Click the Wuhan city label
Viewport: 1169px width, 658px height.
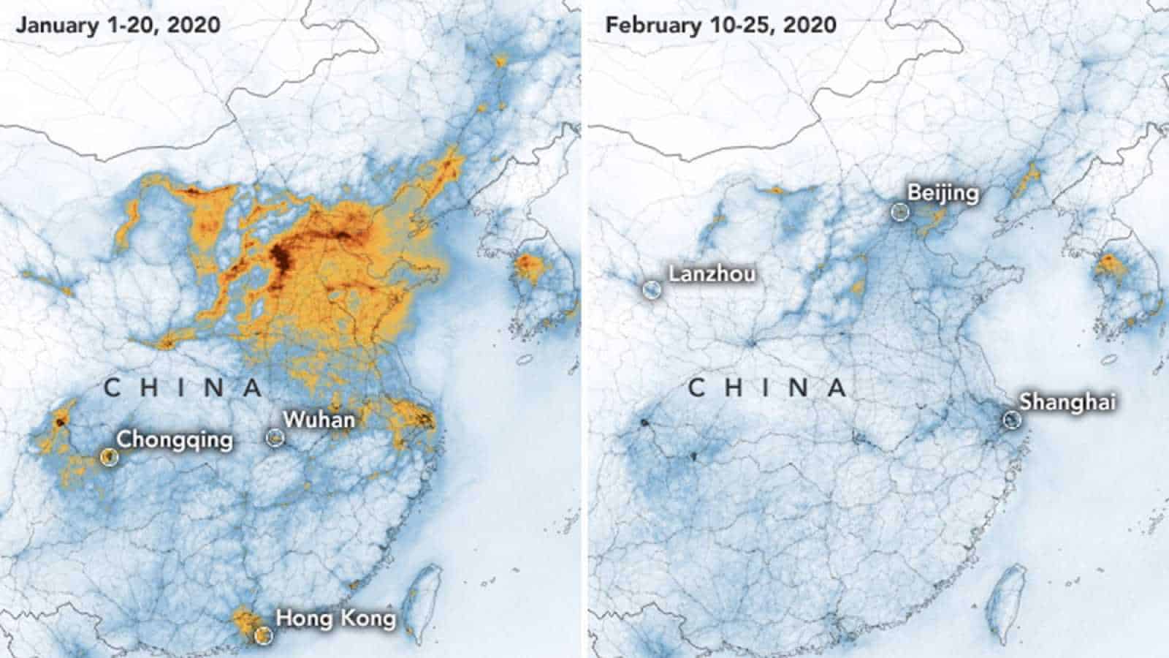pyautogui.click(x=319, y=420)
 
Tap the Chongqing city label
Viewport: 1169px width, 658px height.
pyautogui.click(x=175, y=439)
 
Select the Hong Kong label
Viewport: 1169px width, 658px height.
pyautogui.click(x=335, y=619)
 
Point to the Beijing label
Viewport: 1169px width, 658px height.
pyautogui.click(x=943, y=193)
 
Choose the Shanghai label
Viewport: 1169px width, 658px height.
pyautogui.click(x=1067, y=401)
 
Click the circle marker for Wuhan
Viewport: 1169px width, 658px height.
pyautogui.click(x=275, y=437)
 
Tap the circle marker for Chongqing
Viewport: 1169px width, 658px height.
pyautogui.click(x=109, y=457)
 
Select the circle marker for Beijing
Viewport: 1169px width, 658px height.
pyautogui.click(x=900, y=212)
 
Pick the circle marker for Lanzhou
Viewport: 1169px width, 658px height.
pyautogui.click(x=650, y=289)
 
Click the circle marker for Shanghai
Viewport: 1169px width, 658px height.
pyautogui.click(x=1011, y=419)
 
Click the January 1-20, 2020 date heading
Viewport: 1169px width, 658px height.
pyautogui.click(x=118, y=25)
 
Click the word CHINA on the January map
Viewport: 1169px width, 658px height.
pyautogui.click(x=183, y=387)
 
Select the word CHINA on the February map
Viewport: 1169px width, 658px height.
pyautogui.click(x=767, y=387)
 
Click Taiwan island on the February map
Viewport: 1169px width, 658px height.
pyautogui.click(x=1003, y=600)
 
